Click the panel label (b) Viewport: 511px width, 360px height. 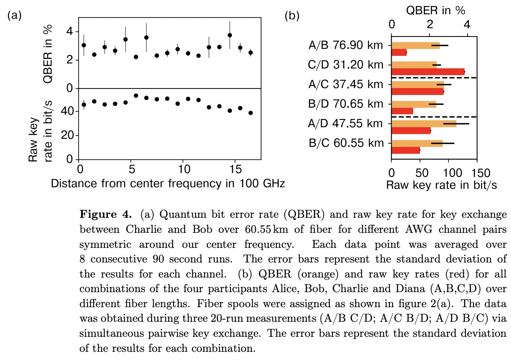point(292,16)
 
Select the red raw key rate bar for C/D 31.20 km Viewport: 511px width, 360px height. point(428,72)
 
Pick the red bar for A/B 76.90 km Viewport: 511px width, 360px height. point(399,52)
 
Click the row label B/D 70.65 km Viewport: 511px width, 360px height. point(346,104)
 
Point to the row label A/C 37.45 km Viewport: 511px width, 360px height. point(346,84)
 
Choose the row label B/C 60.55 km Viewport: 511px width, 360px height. point(346,143)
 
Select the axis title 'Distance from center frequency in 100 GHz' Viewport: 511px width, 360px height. point(168,183)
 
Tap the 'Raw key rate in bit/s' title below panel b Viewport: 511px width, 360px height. point(442,185)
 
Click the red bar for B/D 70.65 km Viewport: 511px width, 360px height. point(402,111)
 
